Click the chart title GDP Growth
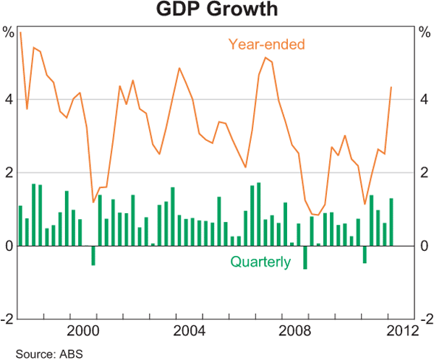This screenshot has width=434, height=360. click(216, 11)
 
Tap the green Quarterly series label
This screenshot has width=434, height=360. click(260, 262)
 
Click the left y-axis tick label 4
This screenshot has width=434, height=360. click(8, 100)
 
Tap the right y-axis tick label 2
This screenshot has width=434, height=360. click(425, 173)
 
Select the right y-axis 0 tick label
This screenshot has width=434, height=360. click(425, 247)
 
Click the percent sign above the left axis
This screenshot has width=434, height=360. click(8, 32)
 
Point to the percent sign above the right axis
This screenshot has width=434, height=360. click(425, 32)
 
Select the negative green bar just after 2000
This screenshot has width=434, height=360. click(93, 255)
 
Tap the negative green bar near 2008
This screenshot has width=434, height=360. click(305, 257)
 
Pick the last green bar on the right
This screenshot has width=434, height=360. click(391, 222)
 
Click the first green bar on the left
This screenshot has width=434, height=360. click(20, 226)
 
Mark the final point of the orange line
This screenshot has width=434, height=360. click(391, 87)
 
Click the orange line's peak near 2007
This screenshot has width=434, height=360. click(265, 58)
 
